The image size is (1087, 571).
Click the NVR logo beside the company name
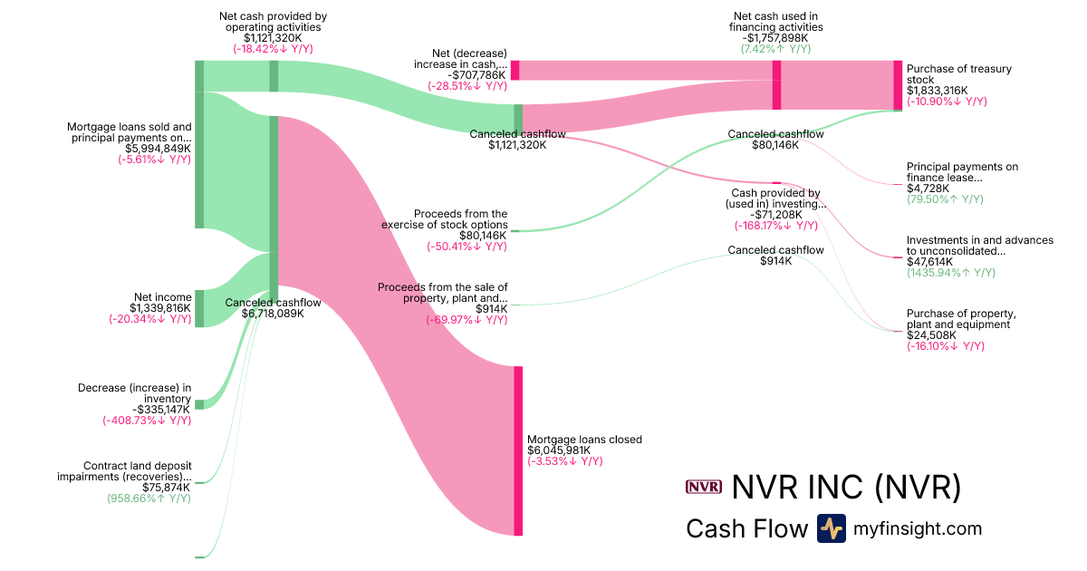(x=704, y=488)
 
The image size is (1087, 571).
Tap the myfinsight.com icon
(x=831, y=528)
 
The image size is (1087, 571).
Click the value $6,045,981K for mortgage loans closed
(x=559, y=450)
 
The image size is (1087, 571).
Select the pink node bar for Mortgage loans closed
(x=518, y=450)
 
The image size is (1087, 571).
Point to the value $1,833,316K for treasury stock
(x=937, y=91)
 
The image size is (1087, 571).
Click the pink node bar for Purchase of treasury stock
(x=898, y=85)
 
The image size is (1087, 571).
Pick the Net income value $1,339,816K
(x=160, y=308)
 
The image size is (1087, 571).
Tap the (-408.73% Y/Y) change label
(x=147, y=421)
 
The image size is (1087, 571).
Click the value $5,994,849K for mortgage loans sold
(x=157, y=149)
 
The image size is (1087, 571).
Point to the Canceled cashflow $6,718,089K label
(x=273, y=314)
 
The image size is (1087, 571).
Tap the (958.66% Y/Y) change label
(x=149, y=498)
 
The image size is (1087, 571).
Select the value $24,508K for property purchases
(x=931, y=335)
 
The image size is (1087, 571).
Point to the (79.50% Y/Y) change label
(x=945, y=198)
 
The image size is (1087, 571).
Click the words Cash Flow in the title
(x=746, y=528)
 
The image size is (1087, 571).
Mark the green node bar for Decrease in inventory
(x=199, y=404)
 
